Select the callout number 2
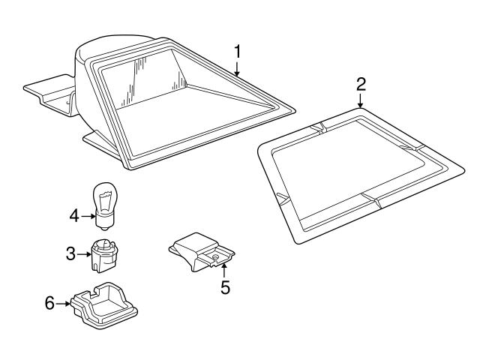[360, 82]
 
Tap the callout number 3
[71, 253]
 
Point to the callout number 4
[73, 216]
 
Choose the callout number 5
[223, 286]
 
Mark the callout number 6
[49, 304]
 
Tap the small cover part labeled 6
[106, 306]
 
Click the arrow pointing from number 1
[237, 69]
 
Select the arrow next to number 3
[84, 253]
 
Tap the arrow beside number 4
[86, 216]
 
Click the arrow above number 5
[223, 270]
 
